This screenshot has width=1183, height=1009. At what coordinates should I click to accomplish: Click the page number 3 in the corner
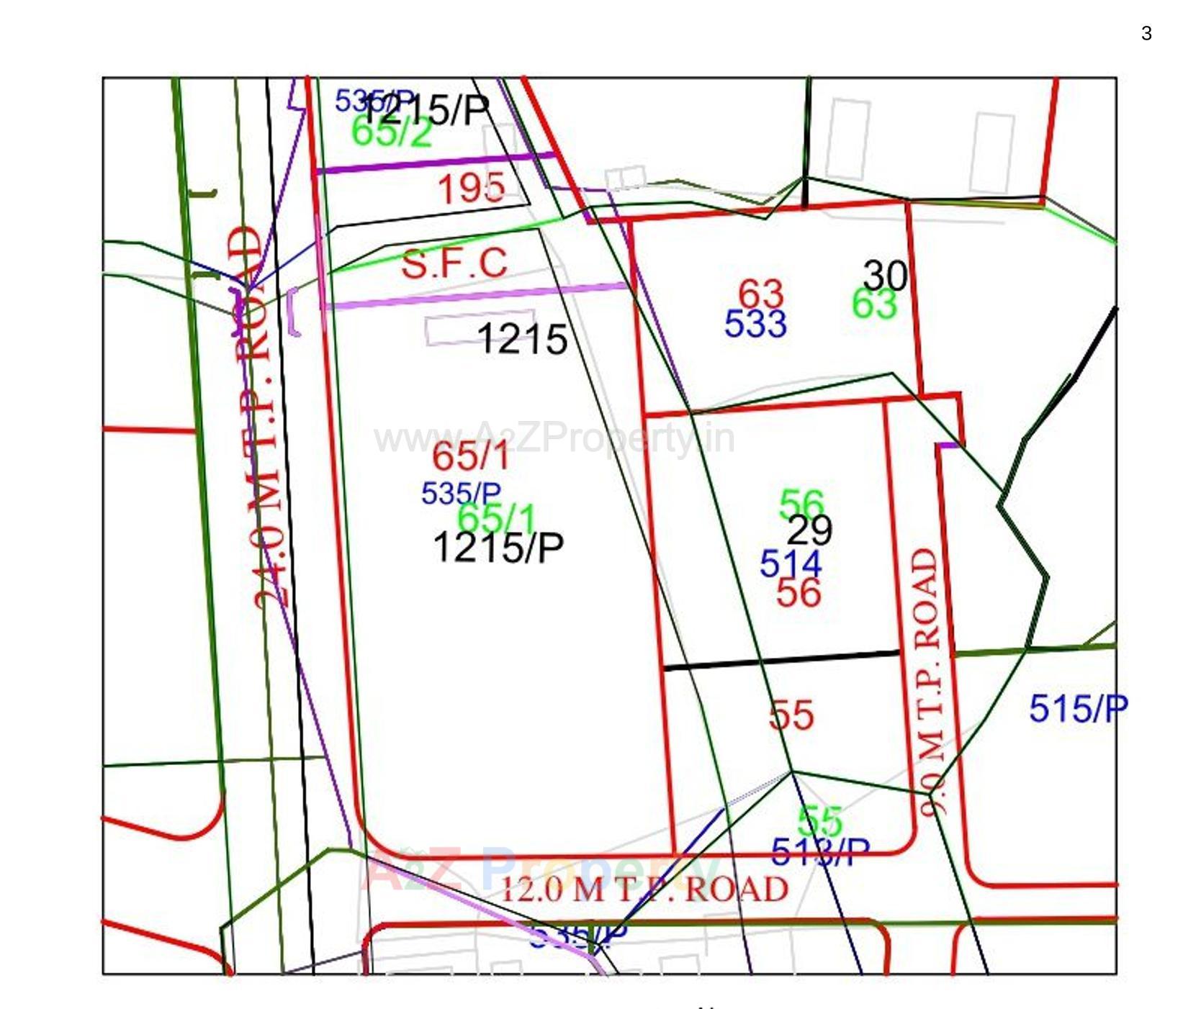1146,33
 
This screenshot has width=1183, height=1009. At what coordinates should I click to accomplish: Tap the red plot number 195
472,189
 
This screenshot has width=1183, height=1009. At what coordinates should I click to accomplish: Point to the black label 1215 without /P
522,338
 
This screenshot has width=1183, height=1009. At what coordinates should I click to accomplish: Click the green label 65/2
392,132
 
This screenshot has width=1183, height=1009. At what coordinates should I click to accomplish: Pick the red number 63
760,294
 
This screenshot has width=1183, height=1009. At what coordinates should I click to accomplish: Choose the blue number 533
755,324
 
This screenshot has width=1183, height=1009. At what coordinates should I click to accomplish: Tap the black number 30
885,275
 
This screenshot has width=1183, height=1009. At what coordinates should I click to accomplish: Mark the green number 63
874,304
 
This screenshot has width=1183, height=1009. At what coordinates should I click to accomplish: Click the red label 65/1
471,456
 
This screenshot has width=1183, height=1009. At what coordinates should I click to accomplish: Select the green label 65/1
497,517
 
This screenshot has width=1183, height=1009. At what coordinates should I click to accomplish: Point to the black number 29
809,530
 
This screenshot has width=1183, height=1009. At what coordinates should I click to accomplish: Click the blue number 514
791,564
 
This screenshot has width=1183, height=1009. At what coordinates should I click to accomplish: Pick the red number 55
791,715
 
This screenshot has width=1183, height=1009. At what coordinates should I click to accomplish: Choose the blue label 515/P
1078,709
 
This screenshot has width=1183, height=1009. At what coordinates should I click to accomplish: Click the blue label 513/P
820,853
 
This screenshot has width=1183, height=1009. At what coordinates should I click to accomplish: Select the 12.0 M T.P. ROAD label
644,890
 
